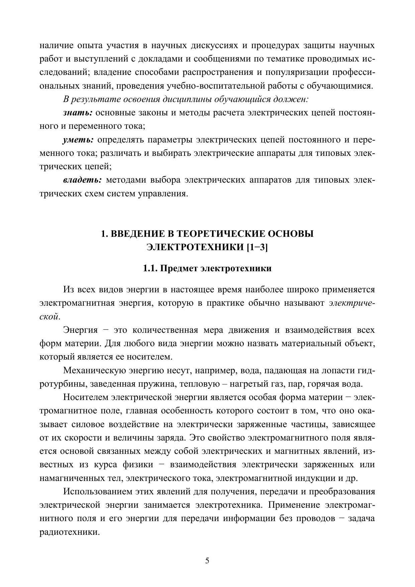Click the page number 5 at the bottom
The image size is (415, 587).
pos(207,561)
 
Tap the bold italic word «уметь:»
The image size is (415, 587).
pos(78,140)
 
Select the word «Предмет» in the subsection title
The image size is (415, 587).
pos(178,268)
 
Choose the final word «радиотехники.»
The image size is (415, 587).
pos(70,532)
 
